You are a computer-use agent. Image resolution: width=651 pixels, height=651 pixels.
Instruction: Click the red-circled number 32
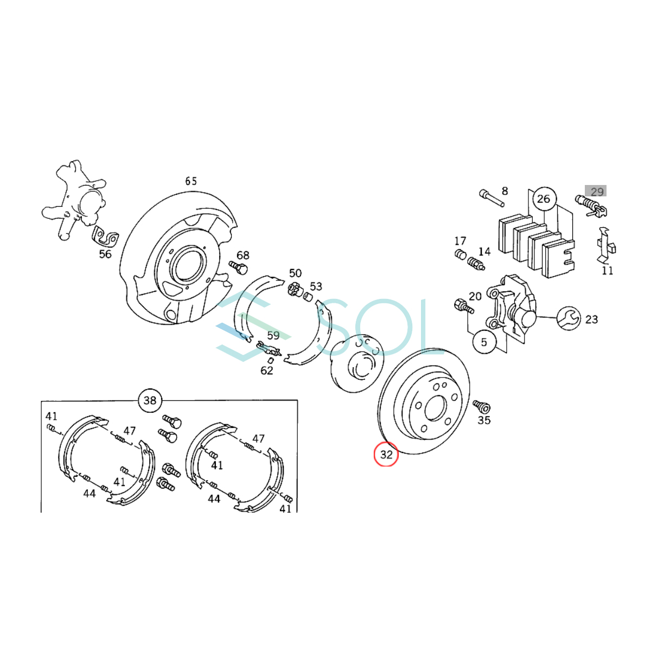pos(386,454)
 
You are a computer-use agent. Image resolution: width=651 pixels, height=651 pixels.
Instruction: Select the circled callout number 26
pos(543,199)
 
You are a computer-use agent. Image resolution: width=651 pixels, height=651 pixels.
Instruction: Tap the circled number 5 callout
pos(484,342)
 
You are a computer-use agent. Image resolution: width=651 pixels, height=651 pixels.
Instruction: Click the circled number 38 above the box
pos(150,400)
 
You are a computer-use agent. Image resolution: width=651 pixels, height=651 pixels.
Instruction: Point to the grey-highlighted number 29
pos(596,192)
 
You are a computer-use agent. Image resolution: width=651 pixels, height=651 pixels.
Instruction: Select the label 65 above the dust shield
pos(191,181)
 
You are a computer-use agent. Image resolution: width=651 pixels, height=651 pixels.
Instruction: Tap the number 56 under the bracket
pos(105,254)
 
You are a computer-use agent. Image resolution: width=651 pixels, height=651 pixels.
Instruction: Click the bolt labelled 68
pos(239,267)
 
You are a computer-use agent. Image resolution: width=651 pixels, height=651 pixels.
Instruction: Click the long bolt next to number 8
pos(492,198)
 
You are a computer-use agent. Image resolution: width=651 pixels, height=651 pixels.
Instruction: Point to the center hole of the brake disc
pos(435,408)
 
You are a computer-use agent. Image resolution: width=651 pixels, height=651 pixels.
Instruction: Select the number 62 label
pos(267,371)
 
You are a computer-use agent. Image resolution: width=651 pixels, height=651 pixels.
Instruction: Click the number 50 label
pos(295,273)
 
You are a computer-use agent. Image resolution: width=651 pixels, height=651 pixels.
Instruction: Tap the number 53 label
pos(316,286)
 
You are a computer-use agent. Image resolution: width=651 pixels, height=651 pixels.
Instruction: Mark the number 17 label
pos(460,241)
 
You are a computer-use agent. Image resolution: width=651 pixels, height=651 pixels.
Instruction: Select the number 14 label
pos(484,251)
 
